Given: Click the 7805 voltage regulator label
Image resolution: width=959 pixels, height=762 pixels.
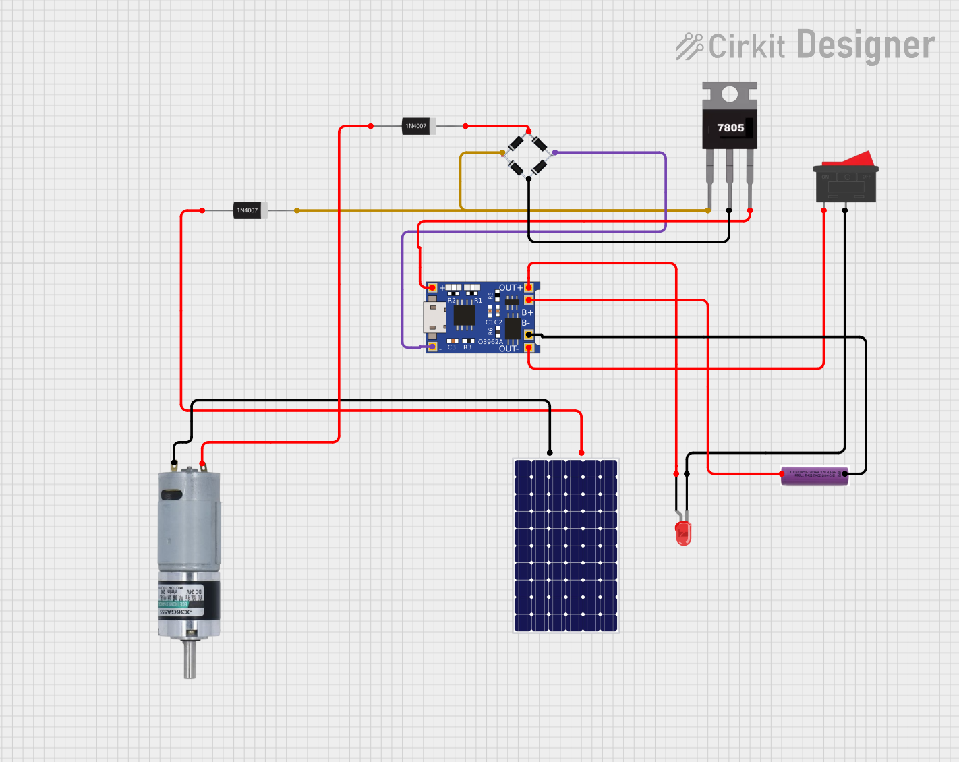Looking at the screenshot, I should click(x=730, y=128).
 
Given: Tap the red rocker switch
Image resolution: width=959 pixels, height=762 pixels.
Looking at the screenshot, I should click(x=846, y=177).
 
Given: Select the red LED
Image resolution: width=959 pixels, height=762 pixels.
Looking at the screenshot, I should click(x=683, y=533).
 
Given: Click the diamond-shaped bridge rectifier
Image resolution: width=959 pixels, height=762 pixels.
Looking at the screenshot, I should click(x=528, y=154).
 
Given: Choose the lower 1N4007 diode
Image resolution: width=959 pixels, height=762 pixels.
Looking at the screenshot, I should click(x=249, y=210).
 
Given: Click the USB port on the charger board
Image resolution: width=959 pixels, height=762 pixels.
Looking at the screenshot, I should click(x=434, y=317).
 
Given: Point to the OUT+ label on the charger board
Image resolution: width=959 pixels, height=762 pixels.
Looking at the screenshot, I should click(x=511, y=288).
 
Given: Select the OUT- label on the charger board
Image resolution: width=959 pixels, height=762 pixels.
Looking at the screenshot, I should click(x=508, y=349).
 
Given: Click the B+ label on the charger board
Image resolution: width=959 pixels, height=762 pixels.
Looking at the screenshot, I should click(x=527, y=313).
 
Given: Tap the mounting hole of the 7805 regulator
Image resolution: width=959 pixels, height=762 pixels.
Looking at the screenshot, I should click(x=730, y=94).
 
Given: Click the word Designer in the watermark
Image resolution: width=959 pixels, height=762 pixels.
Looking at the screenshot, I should click(x=866, y=46).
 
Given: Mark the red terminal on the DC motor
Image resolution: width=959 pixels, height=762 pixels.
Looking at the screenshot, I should click(x=202, y=464).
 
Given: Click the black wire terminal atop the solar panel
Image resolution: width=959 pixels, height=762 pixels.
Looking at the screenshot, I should click(x=550, y=452).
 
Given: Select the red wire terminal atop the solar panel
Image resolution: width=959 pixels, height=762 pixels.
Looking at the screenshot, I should click(x=582, y=452).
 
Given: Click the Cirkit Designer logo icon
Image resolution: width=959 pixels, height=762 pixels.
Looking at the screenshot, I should click(x=689, y=47).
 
